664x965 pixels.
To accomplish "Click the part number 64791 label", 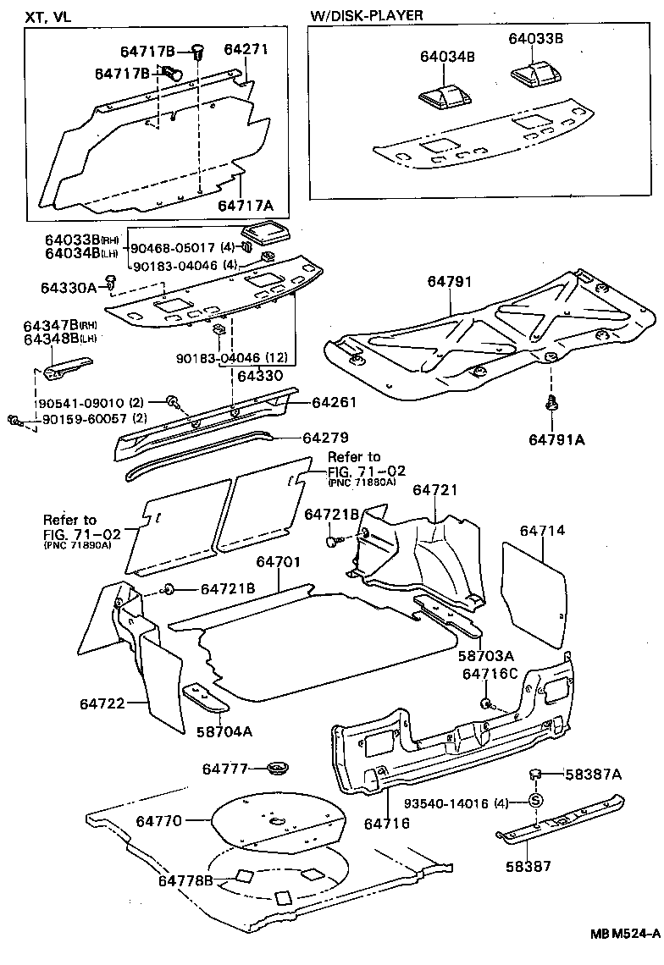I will (449, 283).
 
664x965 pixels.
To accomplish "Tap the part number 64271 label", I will (246, 49).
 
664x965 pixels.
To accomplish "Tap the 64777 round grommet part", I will (277, 769).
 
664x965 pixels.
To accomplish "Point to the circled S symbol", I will (535, 802).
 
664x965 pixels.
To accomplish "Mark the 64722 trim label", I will (103, 703).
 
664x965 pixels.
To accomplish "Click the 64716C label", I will (489, 673).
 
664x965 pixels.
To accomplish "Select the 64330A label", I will (68, 288).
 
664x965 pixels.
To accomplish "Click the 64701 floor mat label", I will (279, 562).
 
